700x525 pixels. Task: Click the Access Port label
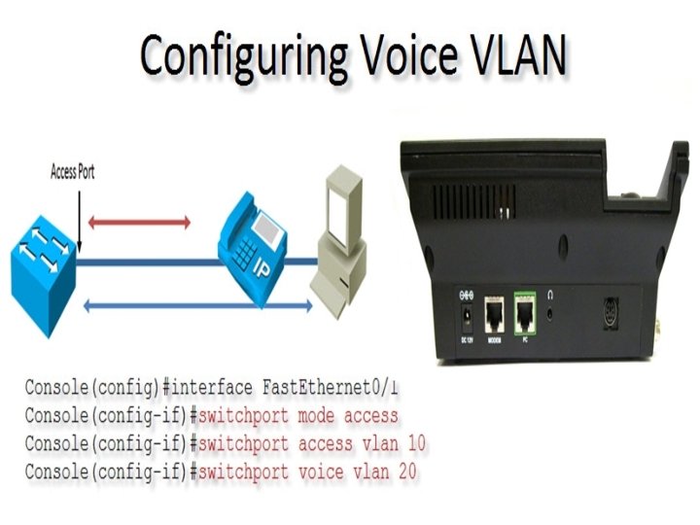tap(73, 174)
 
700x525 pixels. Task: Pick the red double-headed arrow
tap(139, 223)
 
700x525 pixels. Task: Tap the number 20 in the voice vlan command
tap(407, 473)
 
